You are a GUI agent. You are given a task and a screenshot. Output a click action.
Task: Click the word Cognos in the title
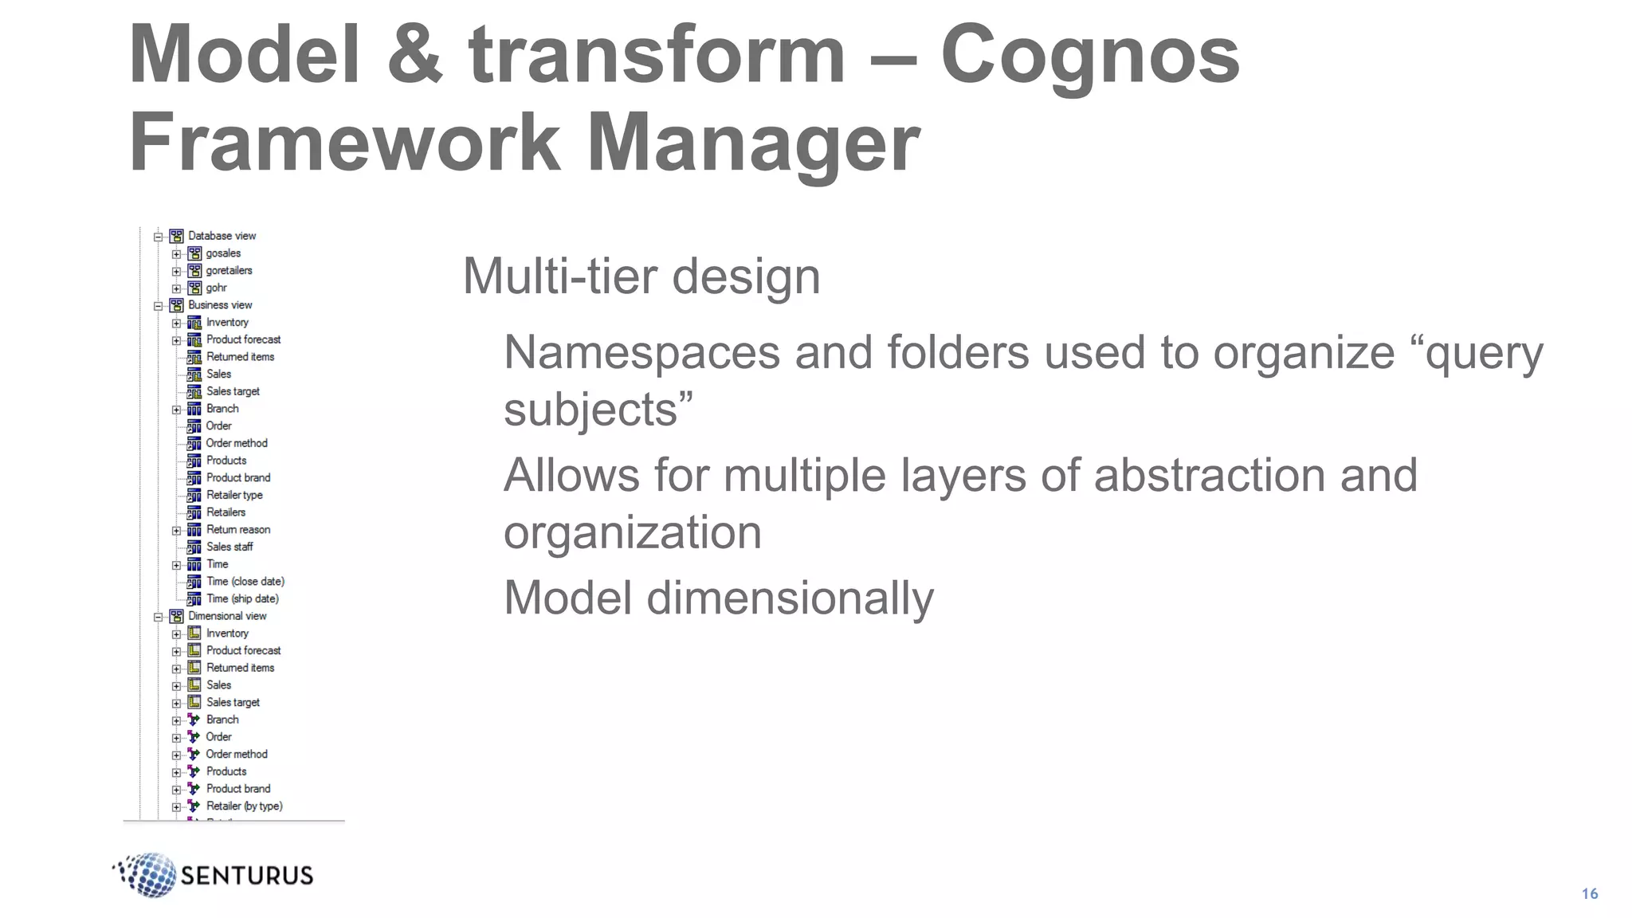click(1089, 54)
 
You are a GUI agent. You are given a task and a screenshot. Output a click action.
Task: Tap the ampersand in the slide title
click(414, 54)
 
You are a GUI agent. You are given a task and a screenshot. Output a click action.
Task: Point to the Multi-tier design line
click(641, 277)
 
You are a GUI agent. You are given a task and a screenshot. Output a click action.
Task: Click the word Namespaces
click(641, 352)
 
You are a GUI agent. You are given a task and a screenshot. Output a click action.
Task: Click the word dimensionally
click(790, 598)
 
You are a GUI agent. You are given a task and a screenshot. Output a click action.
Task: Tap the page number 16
click(1589, 893)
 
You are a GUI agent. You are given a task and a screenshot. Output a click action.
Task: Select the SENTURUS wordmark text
click(247, 876)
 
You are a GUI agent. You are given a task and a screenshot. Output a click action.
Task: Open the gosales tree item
click(223, 253)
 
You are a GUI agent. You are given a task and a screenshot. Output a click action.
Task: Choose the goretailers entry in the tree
click(229, 271)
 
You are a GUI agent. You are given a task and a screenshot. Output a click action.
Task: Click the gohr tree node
click(216, 288)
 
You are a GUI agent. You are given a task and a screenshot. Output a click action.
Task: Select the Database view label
click(222, 236)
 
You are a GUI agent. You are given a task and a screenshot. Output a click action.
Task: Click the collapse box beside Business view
click(158, 306)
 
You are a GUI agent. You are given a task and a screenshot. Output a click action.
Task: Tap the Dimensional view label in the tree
click(227, 616)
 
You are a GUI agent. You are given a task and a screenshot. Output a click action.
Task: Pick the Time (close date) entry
click(245, 582)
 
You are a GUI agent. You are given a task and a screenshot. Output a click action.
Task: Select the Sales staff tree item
click(229, 547)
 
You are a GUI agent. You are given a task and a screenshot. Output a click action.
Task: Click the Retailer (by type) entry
click(244, 806)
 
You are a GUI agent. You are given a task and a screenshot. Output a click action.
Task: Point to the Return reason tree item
click(237, 530)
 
